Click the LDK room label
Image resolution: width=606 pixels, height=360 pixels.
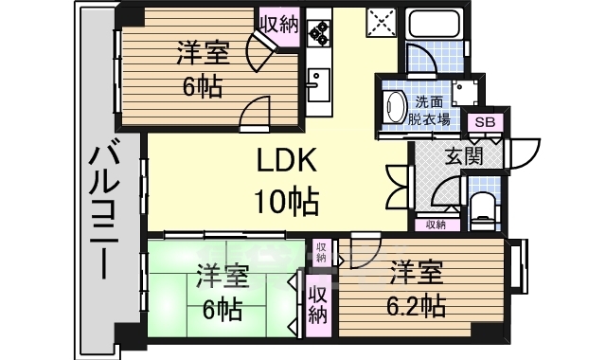(x=287, y=160)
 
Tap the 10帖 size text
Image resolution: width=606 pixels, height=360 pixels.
(x=286, y=201)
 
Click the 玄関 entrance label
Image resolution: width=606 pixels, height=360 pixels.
(x=464, y=155)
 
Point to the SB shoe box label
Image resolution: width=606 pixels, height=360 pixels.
(x=485, y=122)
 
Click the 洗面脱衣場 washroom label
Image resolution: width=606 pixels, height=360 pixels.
(x=429, y=111)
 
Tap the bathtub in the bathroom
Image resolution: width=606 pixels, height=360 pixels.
(x=435, y=24)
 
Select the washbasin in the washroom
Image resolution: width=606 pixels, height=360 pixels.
(x=395, y=107)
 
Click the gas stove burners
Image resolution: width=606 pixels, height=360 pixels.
(x=319, y=31)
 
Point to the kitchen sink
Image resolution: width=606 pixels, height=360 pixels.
(x=318, y=85)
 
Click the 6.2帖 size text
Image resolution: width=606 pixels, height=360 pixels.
(x=416, y=306)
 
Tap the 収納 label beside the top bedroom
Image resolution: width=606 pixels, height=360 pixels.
(x=279, y=26)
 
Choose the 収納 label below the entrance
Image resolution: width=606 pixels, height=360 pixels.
(x=436, y=225)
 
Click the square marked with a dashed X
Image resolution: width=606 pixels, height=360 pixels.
(x=381, y=22)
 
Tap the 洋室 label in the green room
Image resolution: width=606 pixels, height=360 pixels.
(x=222, y=276)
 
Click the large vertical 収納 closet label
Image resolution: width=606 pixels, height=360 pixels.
(x=318, y=304)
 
